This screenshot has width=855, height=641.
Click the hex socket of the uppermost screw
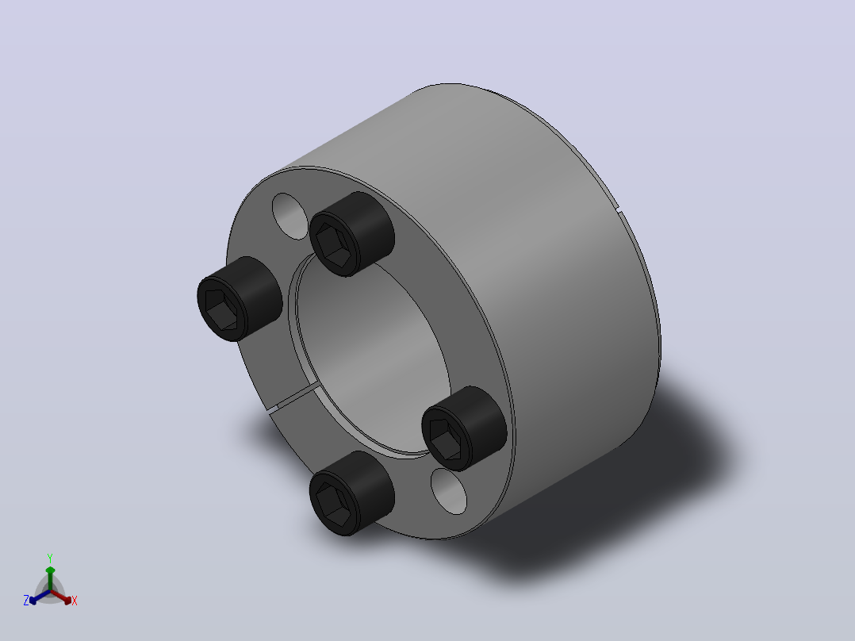(x=333, y=245)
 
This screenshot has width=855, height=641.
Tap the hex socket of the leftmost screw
(x=220, y=309)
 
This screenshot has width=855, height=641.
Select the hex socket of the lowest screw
(x=333, y=504)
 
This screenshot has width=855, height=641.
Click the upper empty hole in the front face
(x=290, y=216)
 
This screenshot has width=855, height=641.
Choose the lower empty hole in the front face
(x=448, y=491)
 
